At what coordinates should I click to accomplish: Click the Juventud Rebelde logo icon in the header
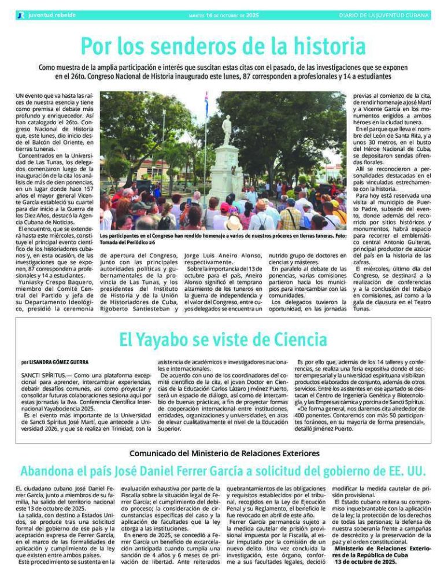click(21, 15)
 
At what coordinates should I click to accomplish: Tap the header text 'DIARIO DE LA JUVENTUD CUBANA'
click(384, 15)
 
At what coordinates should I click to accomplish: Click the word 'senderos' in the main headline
click(184, 46)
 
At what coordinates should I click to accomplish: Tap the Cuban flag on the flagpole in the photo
click(206, 104)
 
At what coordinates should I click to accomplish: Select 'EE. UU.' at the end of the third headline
click(404, 469)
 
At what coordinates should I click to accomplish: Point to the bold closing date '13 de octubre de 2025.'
click(365, 561)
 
